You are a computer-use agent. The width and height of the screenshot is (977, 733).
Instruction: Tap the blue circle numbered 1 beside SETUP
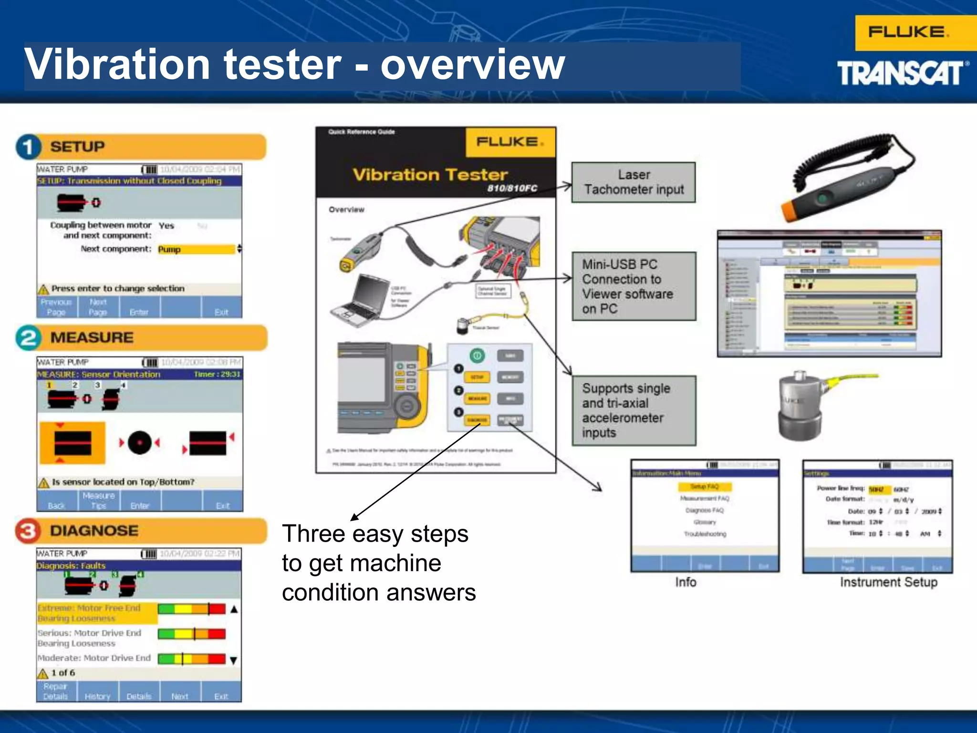[x=28, y=147]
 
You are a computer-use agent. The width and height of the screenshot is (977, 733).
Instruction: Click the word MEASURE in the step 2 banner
[x=92, y=338]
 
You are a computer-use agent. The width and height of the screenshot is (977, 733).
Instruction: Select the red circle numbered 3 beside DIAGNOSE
[x=28, y=531]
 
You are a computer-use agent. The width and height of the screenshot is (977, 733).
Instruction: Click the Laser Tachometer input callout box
[x=634, y=182]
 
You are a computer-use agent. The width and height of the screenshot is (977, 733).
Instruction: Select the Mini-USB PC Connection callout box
[x=634, y=286]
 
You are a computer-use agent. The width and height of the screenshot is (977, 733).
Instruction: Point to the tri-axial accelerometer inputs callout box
[x=634, y=410]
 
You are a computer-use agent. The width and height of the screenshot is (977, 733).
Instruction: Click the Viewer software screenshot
[x=829, y=293]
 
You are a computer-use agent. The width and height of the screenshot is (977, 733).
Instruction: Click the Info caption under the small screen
[x=686, y=582]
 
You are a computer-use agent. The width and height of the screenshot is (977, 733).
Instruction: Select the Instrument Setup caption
[x=888, y=582]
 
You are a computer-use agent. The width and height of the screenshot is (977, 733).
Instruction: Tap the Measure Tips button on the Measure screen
[x=99, y=501]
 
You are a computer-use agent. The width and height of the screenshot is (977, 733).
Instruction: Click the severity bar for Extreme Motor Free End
[x=191, y=609]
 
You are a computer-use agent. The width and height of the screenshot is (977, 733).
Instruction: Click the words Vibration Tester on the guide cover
[x=430, y=175]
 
